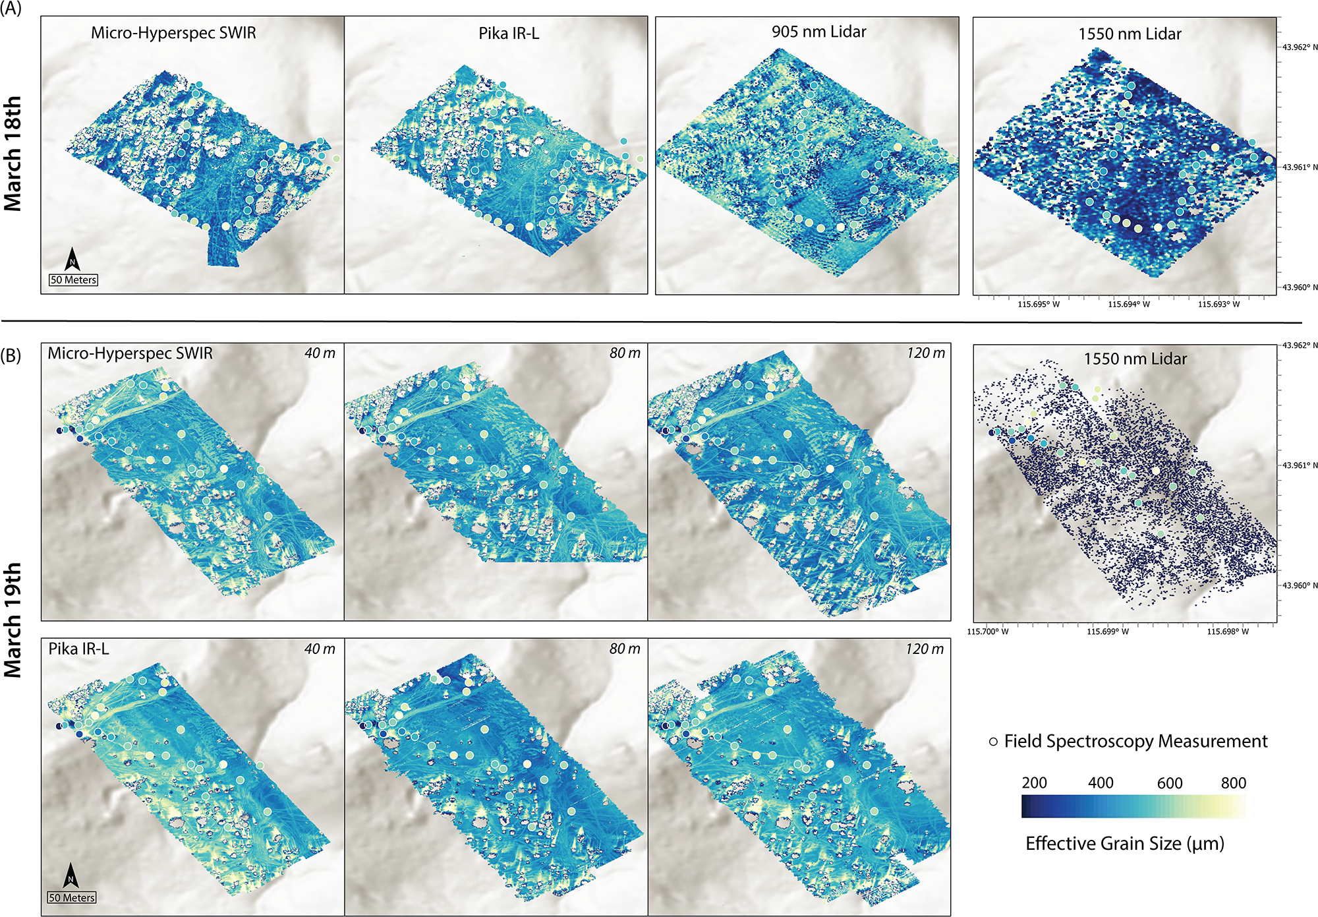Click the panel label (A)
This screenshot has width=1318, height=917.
point(11,9)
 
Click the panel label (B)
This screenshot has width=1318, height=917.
point(11,355)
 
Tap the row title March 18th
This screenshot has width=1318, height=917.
point(13,154)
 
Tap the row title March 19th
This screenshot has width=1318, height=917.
point(13,620)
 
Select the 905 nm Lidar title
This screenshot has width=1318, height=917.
point(818,32)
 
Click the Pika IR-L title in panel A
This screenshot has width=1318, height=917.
point(509,33)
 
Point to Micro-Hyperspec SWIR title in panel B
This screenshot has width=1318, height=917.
point(130,353)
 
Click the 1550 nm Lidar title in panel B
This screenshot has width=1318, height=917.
point(1135,359)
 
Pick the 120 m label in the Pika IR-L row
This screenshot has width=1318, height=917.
point(925,649)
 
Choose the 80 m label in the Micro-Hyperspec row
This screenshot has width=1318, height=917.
point(625,353)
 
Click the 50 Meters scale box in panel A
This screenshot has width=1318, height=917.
point(74,280)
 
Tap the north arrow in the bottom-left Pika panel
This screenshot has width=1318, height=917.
point(71,877)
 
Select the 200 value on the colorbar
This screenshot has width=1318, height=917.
point(1034,783)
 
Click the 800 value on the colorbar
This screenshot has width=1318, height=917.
point(1233,783)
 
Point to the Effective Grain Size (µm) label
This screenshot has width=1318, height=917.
point(1125,844)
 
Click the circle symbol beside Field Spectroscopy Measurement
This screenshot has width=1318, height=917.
point(993,742)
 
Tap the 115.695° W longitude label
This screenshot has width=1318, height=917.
point(1039,304)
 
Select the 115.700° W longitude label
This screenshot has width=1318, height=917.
point(987,632)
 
